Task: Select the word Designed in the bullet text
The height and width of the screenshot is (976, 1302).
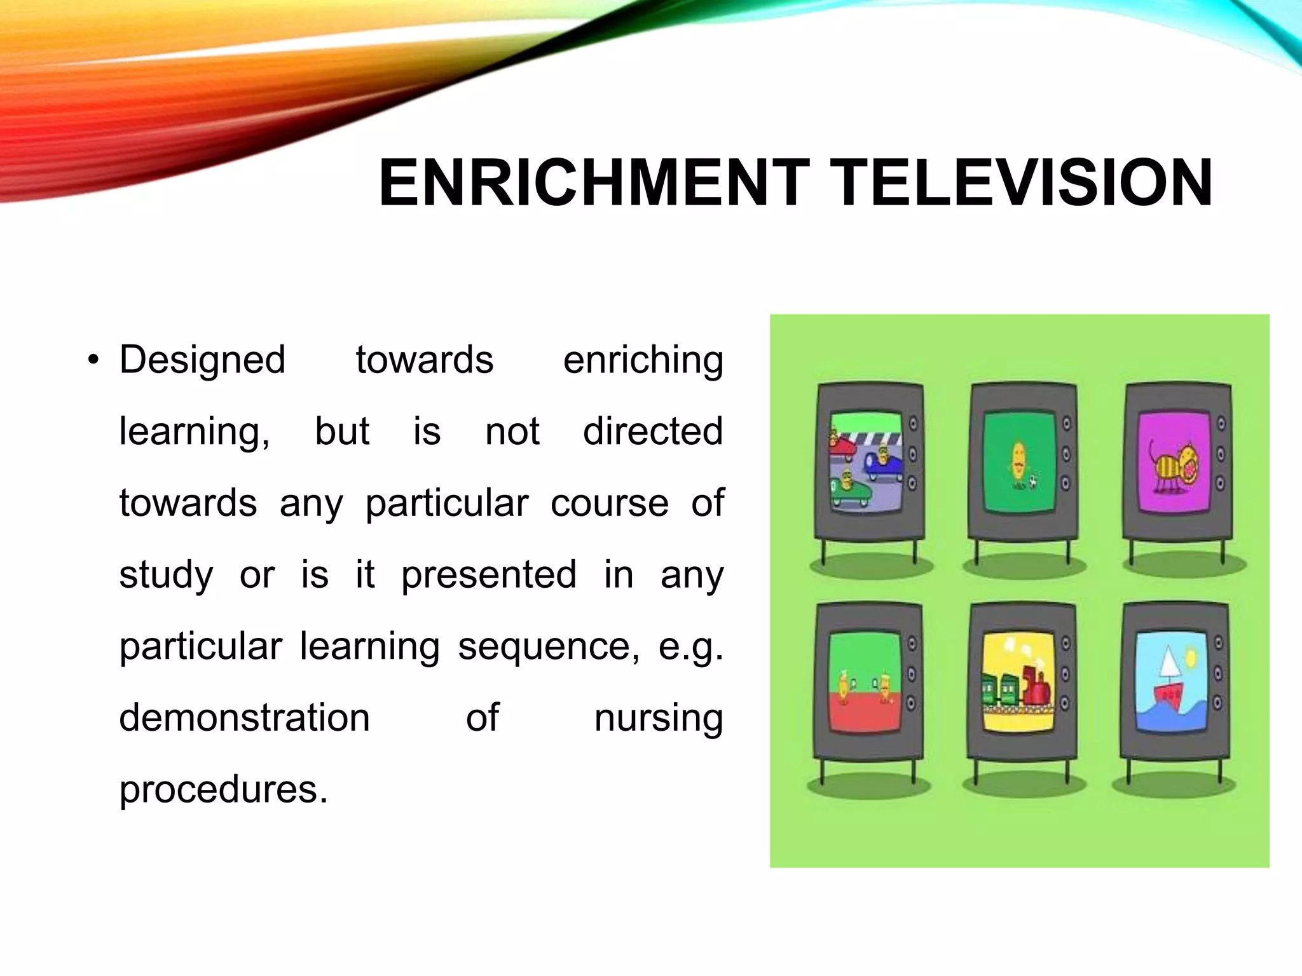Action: [202, 360]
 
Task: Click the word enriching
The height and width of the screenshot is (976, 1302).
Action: [643, 360]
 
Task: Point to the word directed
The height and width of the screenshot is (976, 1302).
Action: [653, 431]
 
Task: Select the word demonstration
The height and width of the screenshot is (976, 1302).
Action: [244, 718]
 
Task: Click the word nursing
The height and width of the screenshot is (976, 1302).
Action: [659, 718]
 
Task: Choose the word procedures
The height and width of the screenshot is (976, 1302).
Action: [223, 790]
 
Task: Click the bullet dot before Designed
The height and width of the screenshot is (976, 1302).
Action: [93, 361]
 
